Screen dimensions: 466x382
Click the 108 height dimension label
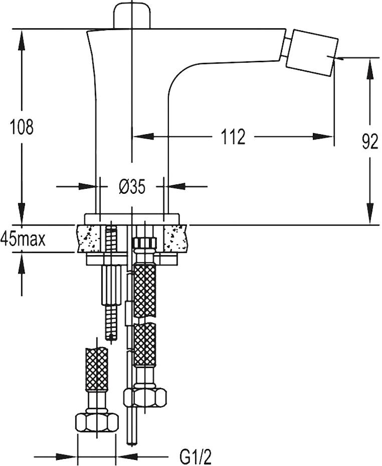point(22,127)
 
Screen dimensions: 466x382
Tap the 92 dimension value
point(370,143)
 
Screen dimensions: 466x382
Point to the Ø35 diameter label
point(132,187)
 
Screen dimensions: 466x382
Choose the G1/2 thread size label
point(196,457)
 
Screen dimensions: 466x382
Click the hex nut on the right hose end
point(145,398)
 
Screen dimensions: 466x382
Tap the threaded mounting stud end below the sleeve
point(111,321)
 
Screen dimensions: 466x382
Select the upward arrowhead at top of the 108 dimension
point(22,38)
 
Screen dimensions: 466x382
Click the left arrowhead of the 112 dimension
point(141,136)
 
